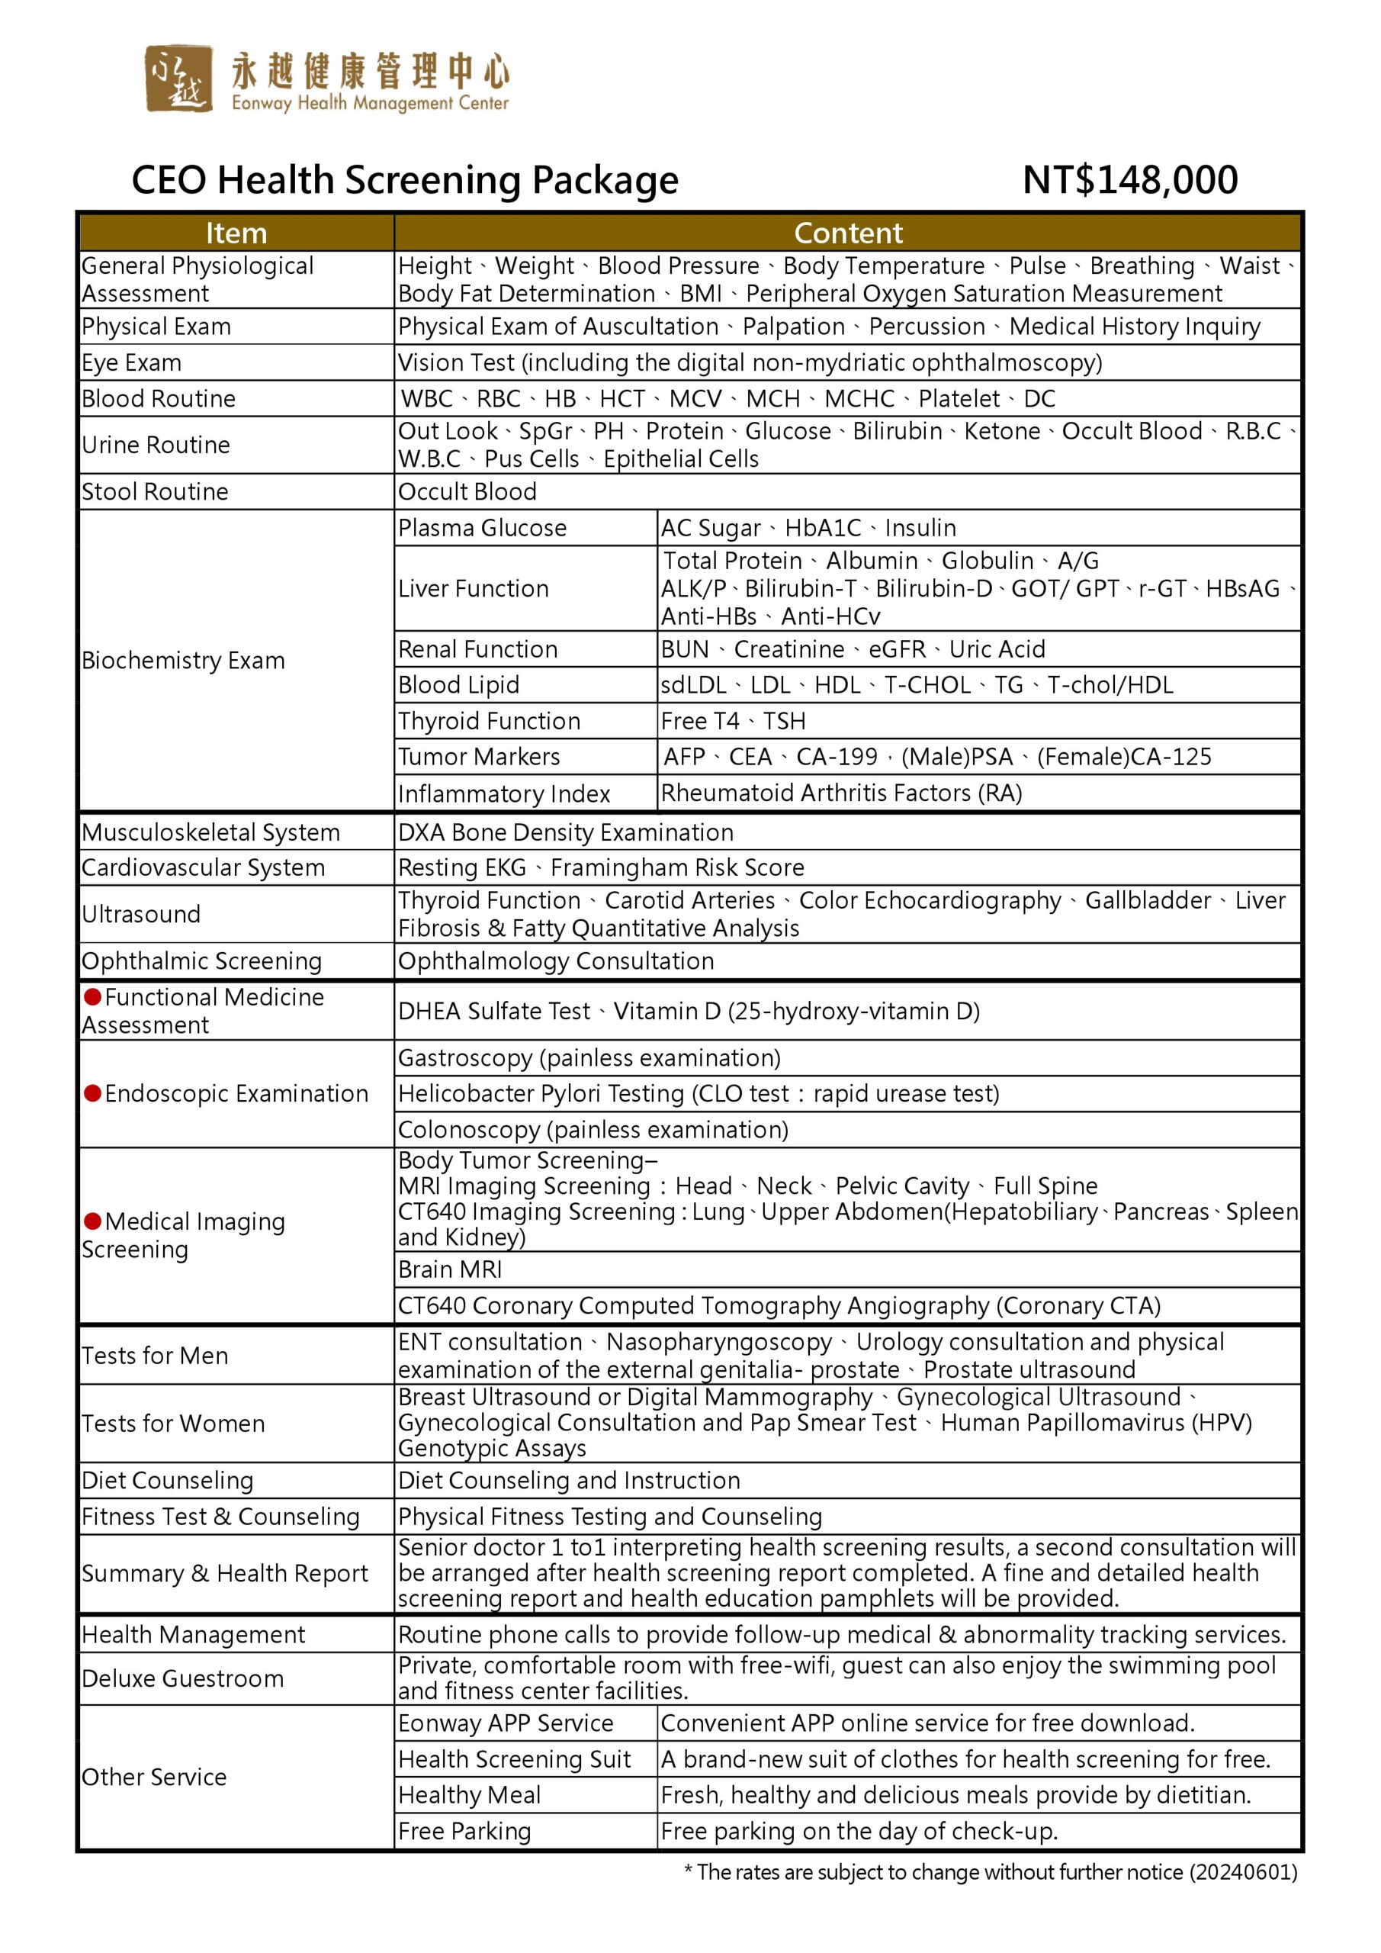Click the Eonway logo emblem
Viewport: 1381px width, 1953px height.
click(178, 79)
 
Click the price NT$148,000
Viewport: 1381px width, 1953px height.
click(1129, 180)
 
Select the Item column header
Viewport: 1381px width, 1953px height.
click(236, 233)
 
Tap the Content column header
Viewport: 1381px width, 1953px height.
click(848, 233)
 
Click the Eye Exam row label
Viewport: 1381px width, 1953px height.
click(132, 363)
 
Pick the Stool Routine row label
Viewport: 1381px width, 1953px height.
click(155, 491)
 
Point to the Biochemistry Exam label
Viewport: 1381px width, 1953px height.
click(183, 661)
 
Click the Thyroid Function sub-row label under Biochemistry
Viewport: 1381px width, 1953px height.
click(489, 722)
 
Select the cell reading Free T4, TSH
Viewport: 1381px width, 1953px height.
click(733, 722)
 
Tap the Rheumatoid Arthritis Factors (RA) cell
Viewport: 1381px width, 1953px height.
click(841, 793)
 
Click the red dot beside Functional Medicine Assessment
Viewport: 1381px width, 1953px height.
click(93, 996)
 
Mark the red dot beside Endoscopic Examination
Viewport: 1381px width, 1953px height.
click(93, 1093)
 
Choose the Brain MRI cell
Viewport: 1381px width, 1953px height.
click(450, 1269)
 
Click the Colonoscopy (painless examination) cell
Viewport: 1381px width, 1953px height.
click(593, 1130)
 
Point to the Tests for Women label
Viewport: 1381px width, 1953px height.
click(173, 1423)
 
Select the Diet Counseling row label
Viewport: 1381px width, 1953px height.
click(168, 1480)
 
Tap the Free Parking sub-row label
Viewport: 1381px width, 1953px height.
click(464, 1832)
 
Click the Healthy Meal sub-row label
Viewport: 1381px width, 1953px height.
click(470, 1795)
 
